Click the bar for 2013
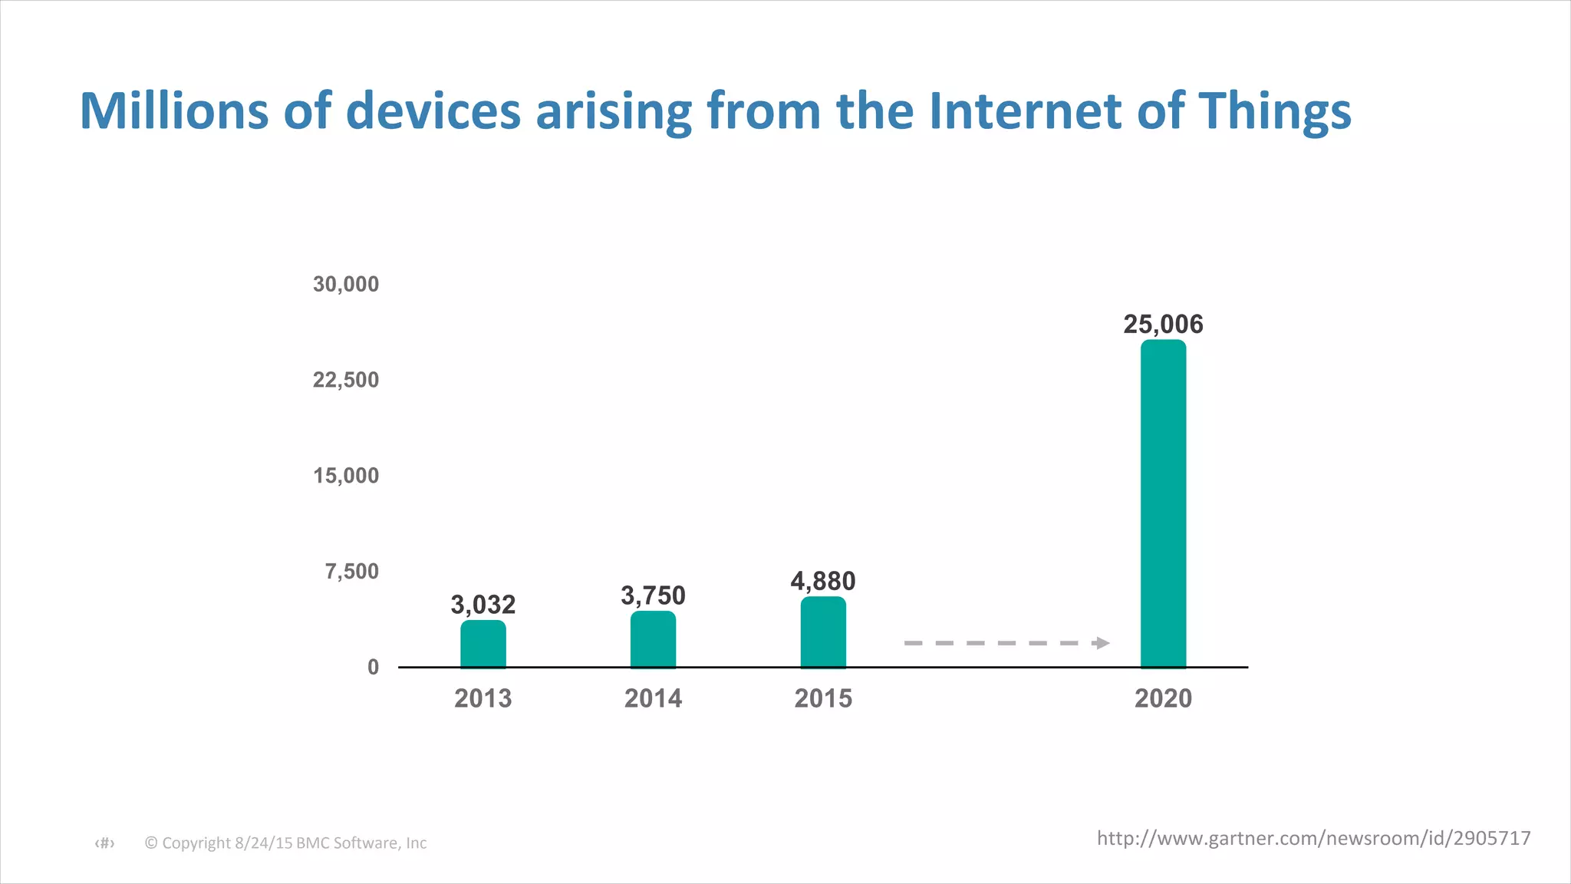482,644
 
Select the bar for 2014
653,639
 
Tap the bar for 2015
823,632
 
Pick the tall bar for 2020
1163,503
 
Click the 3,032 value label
482,605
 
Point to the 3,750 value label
653,596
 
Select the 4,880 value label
823,582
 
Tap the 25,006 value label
1163,325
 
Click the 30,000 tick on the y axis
346,285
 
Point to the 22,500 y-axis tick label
346,380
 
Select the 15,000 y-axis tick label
346,476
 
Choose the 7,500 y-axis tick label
352,572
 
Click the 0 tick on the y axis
373,668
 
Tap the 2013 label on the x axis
482,698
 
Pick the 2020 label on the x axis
1163,698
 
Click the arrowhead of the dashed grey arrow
1102,643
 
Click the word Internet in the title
1025,110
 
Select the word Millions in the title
174,110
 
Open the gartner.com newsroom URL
1313,838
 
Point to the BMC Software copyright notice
285,843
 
